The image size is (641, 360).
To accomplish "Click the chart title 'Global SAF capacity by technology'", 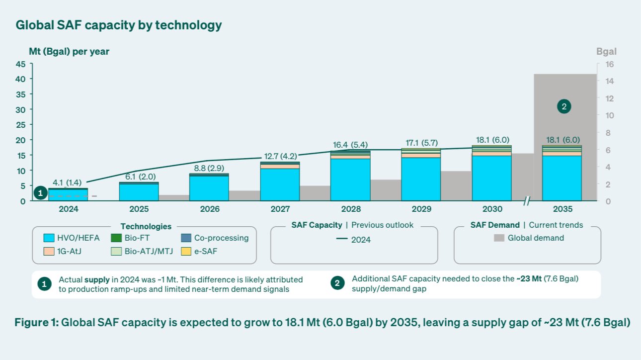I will coord(119,25).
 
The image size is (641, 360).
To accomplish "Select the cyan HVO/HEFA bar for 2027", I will coord(280,184).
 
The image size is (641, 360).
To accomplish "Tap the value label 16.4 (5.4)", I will coord(350,145).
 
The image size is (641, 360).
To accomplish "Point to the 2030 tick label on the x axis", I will coord(492,209).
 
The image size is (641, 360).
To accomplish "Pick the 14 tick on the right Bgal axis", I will coord(610,81).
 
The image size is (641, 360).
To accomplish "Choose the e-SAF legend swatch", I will coord(185,252).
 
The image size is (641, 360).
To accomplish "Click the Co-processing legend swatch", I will coord(185,238).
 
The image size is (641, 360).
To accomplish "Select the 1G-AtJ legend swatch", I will coord(49,252).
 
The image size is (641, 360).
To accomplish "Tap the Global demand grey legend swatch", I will coord(499,238).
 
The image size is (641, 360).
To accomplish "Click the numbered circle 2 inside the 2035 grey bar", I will coord(563,106).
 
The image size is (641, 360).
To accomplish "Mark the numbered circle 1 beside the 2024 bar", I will coord(41,193).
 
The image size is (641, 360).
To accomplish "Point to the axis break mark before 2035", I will coord(527,201).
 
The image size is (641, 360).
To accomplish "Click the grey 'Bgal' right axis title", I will coord(606,52).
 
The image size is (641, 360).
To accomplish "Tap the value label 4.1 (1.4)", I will coord(68,182).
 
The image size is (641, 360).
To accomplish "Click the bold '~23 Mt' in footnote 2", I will coord(528,278).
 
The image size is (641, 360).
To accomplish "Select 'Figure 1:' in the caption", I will coord(36,323).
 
